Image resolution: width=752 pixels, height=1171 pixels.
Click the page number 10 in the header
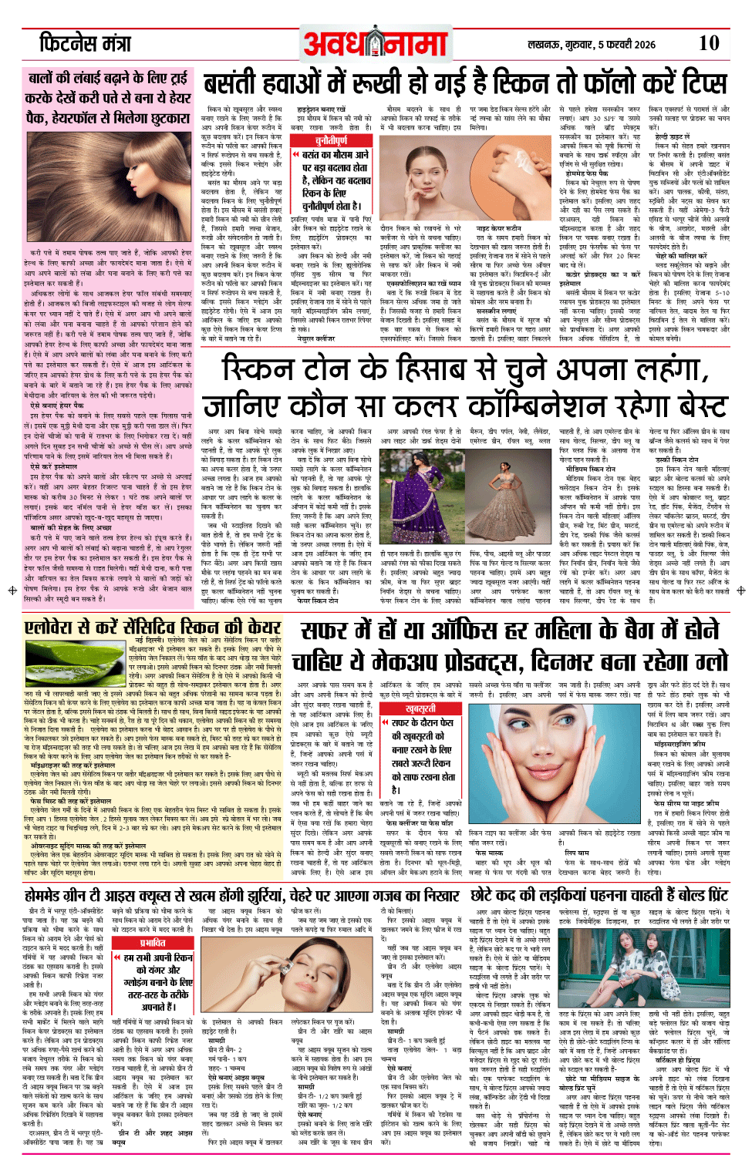[x=708, y=43]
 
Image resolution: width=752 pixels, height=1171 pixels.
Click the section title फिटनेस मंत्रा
[x=86, y=43]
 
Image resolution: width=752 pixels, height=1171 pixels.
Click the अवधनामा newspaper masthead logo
[x=376, y=44]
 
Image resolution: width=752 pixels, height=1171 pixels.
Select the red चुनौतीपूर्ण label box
[x=331, y=140]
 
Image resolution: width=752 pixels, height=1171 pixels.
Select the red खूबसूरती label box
[x=420, y=708]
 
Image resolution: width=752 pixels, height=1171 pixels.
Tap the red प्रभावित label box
[x=153, y=942]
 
